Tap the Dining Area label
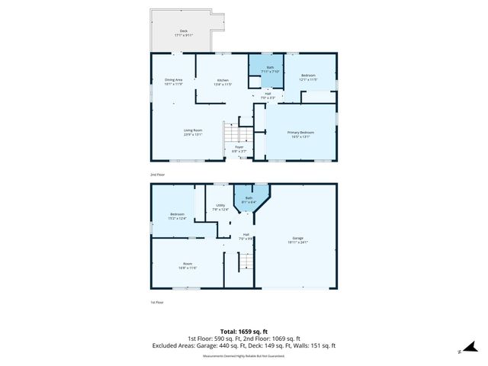click(x=174, y=82)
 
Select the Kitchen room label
click(x=223, y=82)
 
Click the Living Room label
click(x=192, y=132)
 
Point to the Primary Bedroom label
click(x=300, y=134)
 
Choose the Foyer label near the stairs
click(x=239, y=149)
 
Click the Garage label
click(x=297, y=240)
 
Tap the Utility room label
click(x=220, y=207)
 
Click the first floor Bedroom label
click(x=177, y=216)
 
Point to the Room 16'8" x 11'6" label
click(x=188, y=265)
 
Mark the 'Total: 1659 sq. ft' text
click(x=244, y=330)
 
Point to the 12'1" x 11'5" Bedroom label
click(x=307, y=77)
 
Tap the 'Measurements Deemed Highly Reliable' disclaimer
click(x=244, y=355)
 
